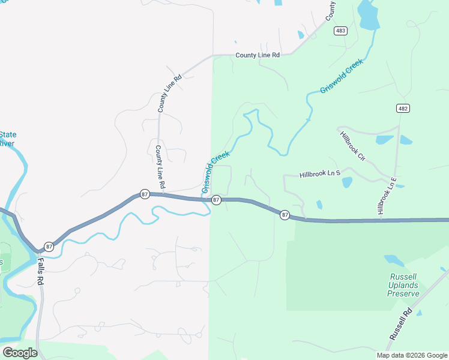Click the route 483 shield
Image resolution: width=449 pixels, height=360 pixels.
[x=340, y=31]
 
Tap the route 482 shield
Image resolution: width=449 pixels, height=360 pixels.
[x=403, y=108]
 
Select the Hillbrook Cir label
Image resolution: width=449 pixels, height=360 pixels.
[x=352, y=146]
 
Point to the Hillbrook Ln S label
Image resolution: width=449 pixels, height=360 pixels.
[x=320, y=174]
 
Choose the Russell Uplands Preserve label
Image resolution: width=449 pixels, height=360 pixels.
[x=403, y=285]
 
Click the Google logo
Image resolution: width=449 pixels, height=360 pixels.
[x=19, y=353]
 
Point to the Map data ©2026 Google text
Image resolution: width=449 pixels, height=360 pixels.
[x=411, y=355]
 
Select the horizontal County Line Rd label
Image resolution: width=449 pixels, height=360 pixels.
[x=258, y=55]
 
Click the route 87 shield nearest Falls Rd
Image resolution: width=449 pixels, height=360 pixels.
[x=49, y=247]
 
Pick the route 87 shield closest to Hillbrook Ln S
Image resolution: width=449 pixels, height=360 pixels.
[x=285, y=215]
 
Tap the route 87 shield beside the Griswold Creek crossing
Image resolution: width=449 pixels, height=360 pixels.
[x=217, y=199]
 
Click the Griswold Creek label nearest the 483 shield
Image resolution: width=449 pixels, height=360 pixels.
[x=342, y=76]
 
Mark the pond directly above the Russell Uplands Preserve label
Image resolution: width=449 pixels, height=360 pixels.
[x=394, y=260]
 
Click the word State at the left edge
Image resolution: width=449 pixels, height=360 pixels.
[x=8, y=134]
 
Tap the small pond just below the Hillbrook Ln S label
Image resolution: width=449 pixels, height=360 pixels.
[x=347, y=182]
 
